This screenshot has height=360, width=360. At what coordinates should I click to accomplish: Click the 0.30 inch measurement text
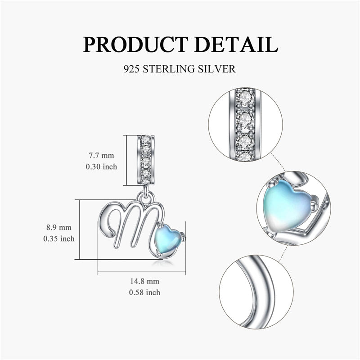coord(102,166)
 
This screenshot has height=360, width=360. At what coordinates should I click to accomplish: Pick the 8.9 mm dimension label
coord(58,228)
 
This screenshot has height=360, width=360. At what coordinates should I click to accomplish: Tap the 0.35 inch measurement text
coord(58,238)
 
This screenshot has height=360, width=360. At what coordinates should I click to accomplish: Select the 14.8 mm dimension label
coord(144,282)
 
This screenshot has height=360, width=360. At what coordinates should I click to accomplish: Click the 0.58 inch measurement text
coord(144,292)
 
